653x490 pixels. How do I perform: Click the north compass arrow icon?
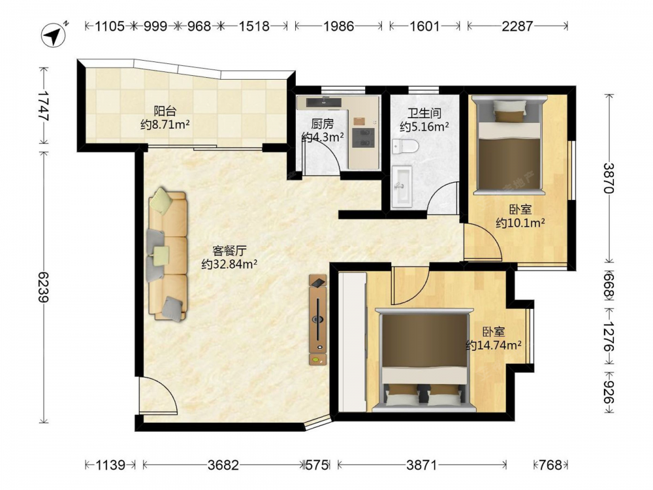pyautogui.click(x=54, y=35)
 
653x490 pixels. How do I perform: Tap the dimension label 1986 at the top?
pyautogui.click(x=338, y=26)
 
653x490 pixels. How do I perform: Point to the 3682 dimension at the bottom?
pyautogui.click(x=223, y=465)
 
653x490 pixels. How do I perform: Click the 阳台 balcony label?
pyautogui.click(x=165, y=111)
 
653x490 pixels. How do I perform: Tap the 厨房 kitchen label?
pyautogui.click(x=323, y=123)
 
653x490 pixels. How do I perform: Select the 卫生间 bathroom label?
pyautogui.click(x=424, y=113)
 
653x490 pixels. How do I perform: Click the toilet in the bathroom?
pyautogui.click(x=406, y=146)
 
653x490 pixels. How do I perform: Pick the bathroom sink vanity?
pyautogui.click(x=402, y=186)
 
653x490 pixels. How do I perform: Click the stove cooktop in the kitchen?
pyautogui.click(x=363, y=138)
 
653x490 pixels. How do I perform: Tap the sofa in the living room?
pyautogui.click(x=167, y=255)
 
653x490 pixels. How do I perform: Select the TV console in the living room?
pyautogui.click(x=318, y=319)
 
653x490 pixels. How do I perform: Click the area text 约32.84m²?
pyautogui.click(x=229, y=264)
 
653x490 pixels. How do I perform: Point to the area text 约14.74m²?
pyautogui.click(x=494, y=345)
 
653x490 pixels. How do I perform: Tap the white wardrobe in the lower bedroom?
pyautogui.click(x=353, y=342)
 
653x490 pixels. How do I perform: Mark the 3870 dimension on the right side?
pyautogui.click(x=609, y=178)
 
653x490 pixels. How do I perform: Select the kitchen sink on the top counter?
pyautogui.click(x=324, y=102)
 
